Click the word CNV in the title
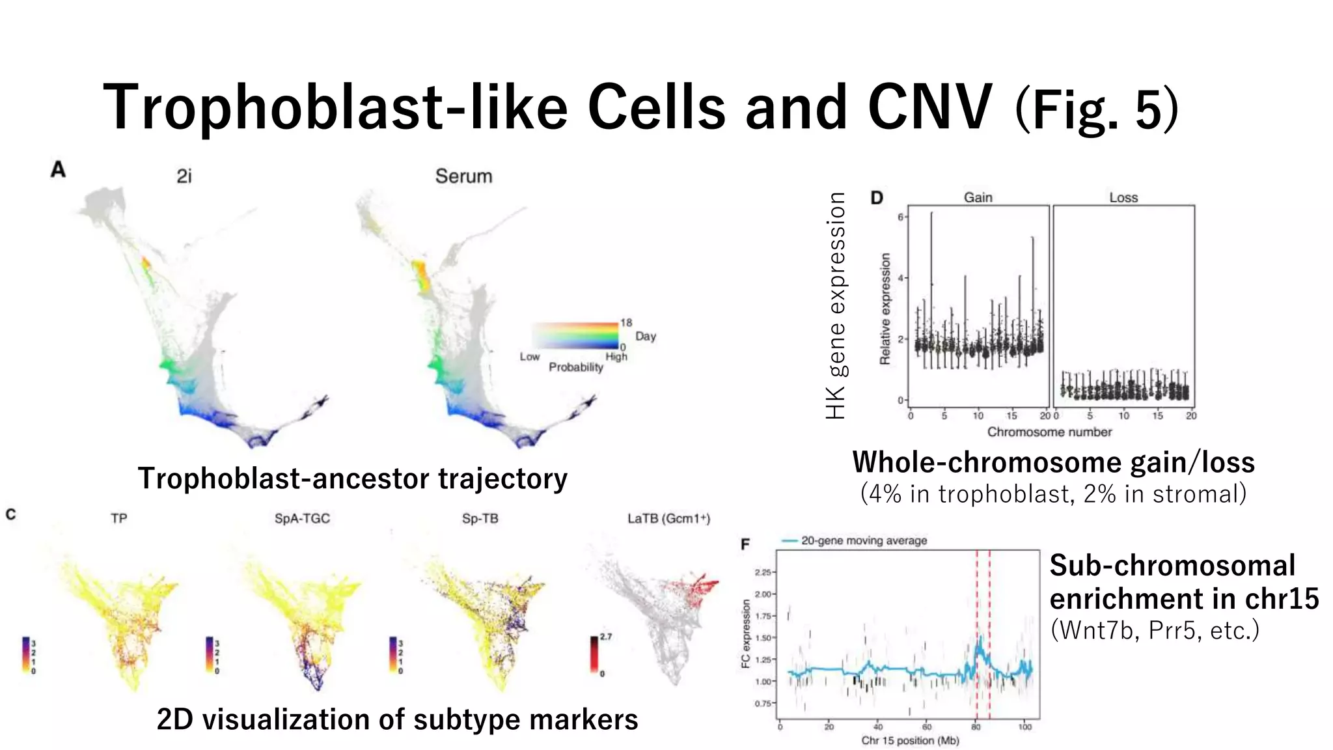pos(929,107)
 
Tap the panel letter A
pos(58,170)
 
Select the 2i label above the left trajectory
pos(184,176)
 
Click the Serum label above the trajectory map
pos(463,176)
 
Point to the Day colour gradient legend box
pos(575,336)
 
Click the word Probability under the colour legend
pos(576,367)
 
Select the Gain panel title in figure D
pos(978,197)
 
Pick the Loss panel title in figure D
pos(1123,197)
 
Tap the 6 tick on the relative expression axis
pos(901,217)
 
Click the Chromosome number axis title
pos(1049,432)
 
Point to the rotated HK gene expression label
pos(836,306)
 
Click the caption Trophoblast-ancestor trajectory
pos(352,479)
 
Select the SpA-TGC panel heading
pos(302,519)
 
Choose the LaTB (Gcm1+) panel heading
pos(668,519)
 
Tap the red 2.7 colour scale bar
pos(595,654)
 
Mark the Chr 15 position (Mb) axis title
pos(910,740)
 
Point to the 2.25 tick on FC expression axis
pos(763,572)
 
